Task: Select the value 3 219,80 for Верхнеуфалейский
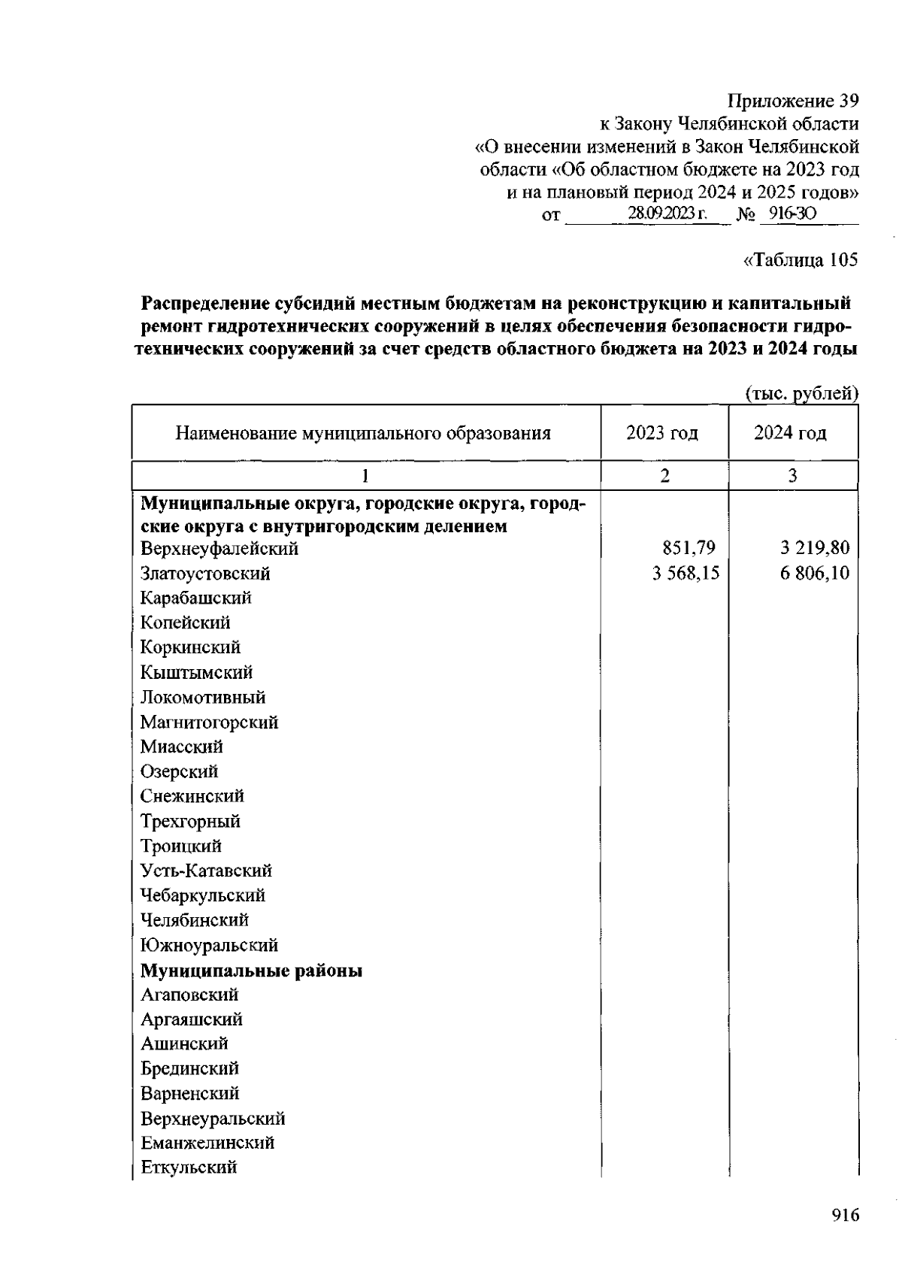(x=814, y=549)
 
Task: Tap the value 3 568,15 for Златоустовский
(x=686, y=574)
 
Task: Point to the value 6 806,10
(x=814, y=574)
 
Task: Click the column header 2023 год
(x=662, y=434)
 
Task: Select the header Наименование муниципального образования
(x=363, y=434)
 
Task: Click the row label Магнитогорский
(x=209, y=722)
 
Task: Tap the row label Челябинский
(x=194, y=920)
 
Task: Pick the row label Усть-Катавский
(x=206, y=871)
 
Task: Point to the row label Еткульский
(x=189, y=1168)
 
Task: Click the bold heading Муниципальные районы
(x=252, y=971)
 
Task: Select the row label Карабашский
(x=195, y=598)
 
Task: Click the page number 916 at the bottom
(x=845, y=1216)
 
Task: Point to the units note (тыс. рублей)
(x=801, y=393)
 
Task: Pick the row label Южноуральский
(x=209, y=945)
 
